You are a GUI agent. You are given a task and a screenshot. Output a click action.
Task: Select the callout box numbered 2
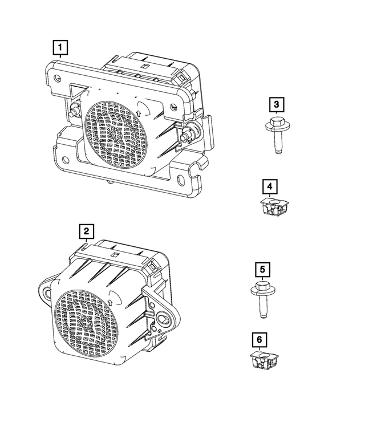click(86, 231)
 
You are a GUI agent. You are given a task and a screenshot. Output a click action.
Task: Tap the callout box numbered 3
click(276, 104)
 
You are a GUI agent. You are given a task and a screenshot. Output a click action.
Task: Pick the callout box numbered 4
click(270, 186)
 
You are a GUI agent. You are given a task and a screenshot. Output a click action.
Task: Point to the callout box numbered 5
click(261, 269)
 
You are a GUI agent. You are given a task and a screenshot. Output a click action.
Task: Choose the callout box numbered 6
click(259, 340)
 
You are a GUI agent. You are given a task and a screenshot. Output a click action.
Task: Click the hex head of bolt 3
click(276, 124)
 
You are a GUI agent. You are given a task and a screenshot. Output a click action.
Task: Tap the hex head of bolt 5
click(261, 287)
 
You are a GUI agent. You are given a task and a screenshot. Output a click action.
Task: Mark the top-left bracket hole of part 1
click(56, 78)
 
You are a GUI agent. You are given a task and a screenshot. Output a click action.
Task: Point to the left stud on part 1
click(74, 111)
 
